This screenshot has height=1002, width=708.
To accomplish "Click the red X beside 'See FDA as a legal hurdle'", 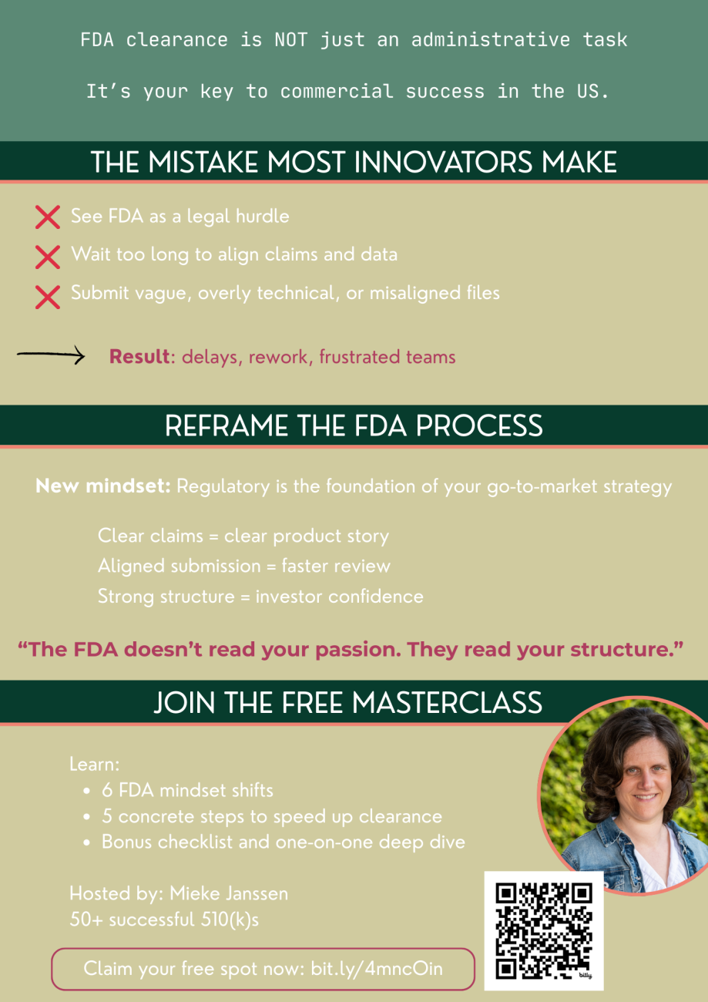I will click(48, 217).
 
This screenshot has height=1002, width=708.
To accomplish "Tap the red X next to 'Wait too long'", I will click(48, 256).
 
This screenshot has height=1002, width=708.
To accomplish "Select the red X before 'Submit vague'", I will click(48, 295).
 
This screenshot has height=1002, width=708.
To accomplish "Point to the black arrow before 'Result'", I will click(51, 355).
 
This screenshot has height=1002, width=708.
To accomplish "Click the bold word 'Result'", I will click(139, 357).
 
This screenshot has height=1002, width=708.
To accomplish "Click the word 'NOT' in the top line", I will click(291, 40).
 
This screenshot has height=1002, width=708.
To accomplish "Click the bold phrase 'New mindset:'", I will click(103, 487).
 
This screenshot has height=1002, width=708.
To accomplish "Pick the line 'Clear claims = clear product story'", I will click(243, 536).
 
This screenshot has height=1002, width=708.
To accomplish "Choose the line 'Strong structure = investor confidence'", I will click(260, 597).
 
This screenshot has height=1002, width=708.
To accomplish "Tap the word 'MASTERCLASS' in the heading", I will click(446, 703).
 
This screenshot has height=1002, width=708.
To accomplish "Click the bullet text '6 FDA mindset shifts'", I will click(187, 790).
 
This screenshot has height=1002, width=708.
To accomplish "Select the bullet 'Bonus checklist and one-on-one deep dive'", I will click(283, 842).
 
